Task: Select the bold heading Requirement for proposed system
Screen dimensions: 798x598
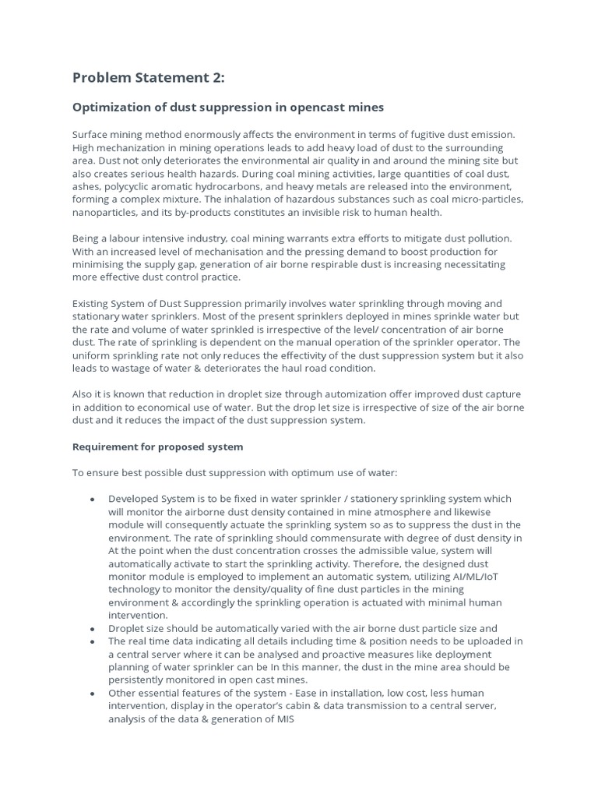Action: click(x=157, y=447)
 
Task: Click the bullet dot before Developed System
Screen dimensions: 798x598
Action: click(x=93, y=499)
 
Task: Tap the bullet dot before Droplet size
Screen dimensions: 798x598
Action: click(x=93, y=629)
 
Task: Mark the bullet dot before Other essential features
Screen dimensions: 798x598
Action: click(x=93, y=694)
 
